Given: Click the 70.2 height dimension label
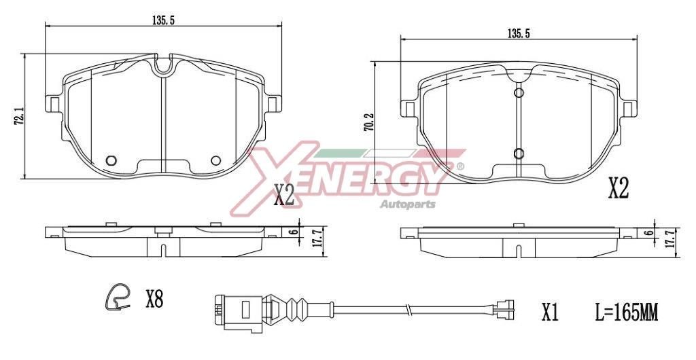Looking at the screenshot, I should tap(368, 122).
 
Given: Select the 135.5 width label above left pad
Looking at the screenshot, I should tap(164, 20).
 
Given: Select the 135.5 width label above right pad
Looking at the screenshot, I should tap(519, 33).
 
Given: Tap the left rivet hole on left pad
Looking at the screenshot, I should tap(112, 160).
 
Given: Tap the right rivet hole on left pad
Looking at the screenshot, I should tap(216, 160).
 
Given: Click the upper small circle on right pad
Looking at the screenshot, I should tap(518, 93).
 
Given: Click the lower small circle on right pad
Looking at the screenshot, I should tap(518, 153).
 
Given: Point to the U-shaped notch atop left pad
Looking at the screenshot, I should tap(163, 67).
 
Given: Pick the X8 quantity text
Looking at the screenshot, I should tap(154, 298).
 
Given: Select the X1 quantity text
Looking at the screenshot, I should tap(549, 312).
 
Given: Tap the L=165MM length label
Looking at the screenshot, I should tap(625, 312).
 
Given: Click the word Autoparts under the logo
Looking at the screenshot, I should tap(407, 204).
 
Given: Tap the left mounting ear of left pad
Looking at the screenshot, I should tap(53, 103).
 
